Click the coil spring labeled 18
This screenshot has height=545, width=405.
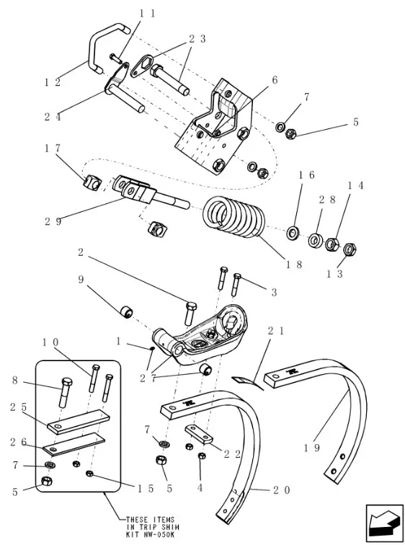(234, 217)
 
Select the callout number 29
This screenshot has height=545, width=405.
(53, 221)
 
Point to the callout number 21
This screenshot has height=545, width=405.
(276, 331)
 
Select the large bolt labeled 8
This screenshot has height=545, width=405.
(66, 392)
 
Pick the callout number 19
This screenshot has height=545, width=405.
(311, 448)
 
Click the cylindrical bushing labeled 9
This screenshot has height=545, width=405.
(125, 311)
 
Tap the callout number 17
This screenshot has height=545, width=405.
(53, 148)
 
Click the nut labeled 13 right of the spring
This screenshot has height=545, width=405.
(350, 249)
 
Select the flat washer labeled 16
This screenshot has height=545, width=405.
(293, 232)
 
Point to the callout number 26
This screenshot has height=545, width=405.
(18, 442)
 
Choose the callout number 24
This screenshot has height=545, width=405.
(53, 117)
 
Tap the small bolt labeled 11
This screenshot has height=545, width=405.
(115, 58)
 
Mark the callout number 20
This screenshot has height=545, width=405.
(281, 490)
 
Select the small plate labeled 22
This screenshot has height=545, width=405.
(198, 434)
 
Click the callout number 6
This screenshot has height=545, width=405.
(275, 80)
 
